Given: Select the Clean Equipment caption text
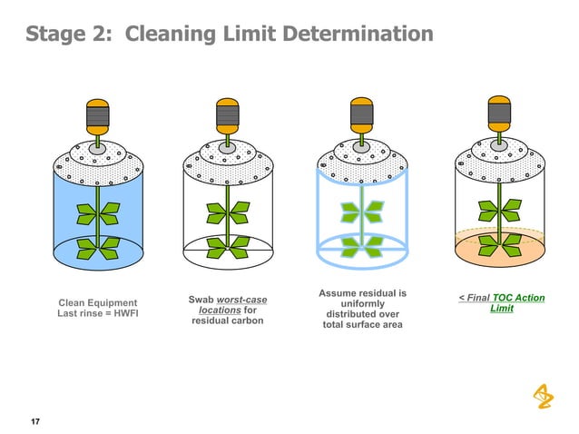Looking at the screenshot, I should [x=97, y=302].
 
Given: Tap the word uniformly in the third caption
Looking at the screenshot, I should [x=362, y=304].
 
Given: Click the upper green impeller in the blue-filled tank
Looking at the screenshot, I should [x=94, y=212].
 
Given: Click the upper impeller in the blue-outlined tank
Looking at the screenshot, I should [x=361, y=212].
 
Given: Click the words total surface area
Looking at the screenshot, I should [x=362, y=324].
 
